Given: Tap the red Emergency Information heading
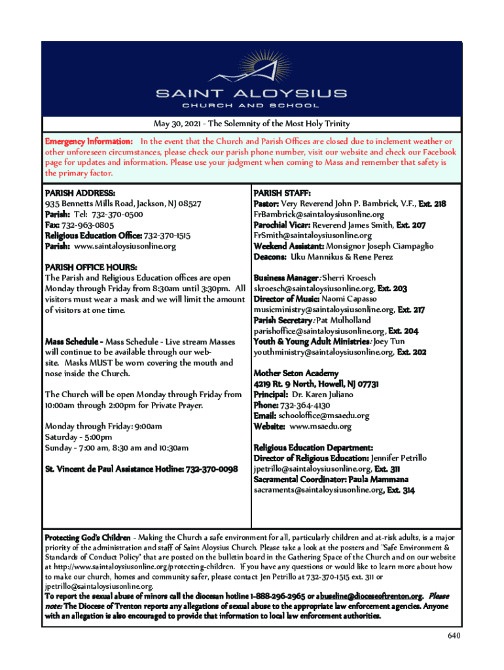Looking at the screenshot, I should coord(89,141).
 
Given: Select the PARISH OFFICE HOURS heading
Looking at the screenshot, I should coord(91,268).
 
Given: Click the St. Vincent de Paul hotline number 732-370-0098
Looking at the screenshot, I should coord(211,469).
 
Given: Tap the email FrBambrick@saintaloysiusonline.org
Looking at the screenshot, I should coord(319,215).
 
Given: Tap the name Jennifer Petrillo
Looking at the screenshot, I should coord(399,458).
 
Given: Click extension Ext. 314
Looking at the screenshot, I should coord(401,490).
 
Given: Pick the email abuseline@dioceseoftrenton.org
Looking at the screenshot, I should coord(369,597).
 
